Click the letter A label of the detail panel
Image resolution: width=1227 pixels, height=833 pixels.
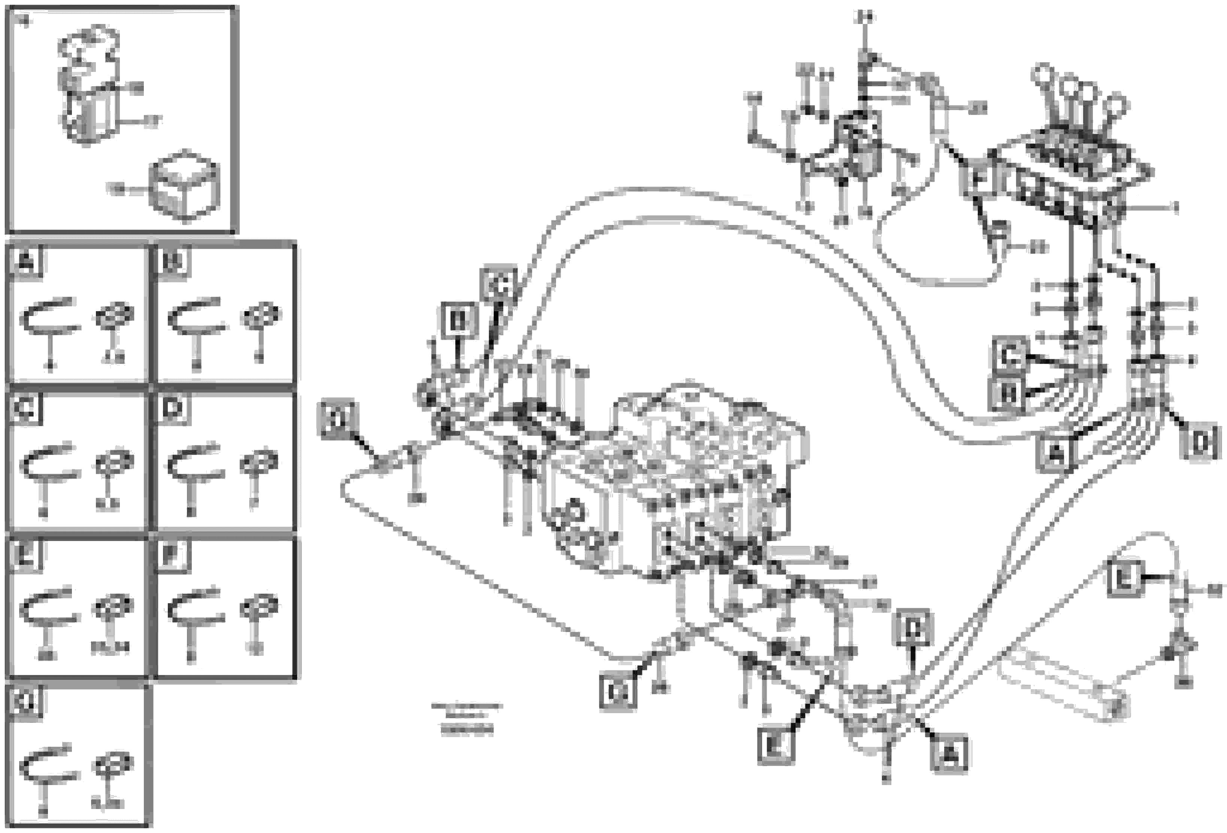(26, 261)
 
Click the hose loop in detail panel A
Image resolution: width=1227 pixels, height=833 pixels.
(49, 317)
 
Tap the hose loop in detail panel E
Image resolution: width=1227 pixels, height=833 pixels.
(49, 607)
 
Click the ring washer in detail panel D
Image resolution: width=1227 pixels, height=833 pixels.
(259, 462)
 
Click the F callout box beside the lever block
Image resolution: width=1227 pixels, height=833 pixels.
(977, 178)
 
